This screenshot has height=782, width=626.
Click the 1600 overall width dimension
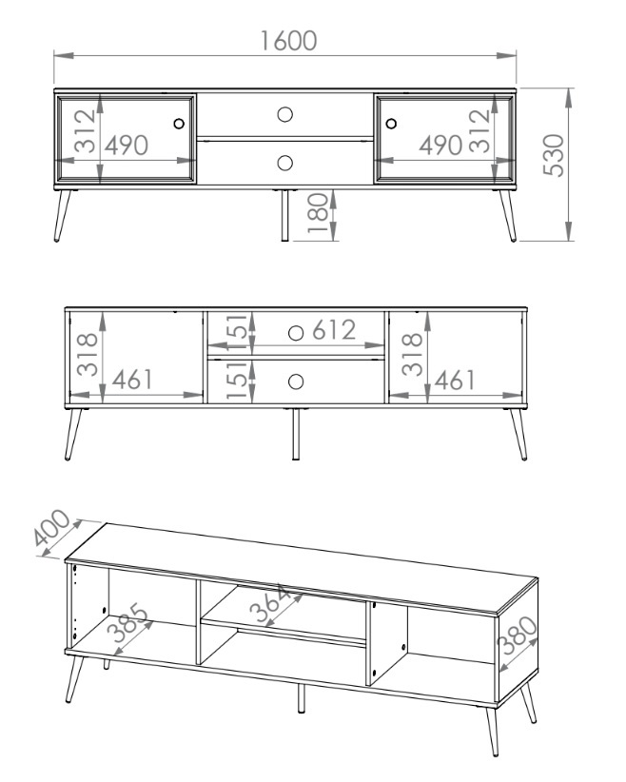coord(288,41)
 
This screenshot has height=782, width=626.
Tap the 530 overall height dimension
coord(554,155)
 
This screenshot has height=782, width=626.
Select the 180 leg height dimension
coord(319,213)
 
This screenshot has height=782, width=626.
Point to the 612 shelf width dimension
coord(334,330)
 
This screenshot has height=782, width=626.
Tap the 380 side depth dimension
coord(518,635)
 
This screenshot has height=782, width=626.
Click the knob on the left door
coord(179,123)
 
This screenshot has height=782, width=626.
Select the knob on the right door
coord(391,123)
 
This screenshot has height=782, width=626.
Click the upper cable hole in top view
coord(284,114)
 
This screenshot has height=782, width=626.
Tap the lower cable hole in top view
coord(284,163)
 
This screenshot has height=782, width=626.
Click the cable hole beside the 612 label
coord(296,333)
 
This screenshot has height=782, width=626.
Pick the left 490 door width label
coord(127,146)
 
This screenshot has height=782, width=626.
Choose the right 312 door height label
coord(479,130)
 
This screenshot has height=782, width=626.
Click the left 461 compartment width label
coord(132,380)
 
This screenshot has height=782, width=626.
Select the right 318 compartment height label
coord(412,355)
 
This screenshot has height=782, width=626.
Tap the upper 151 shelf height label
coord(238,332)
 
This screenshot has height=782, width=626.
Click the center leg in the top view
coord(284,215)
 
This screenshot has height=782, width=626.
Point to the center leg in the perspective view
coord(301,698)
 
